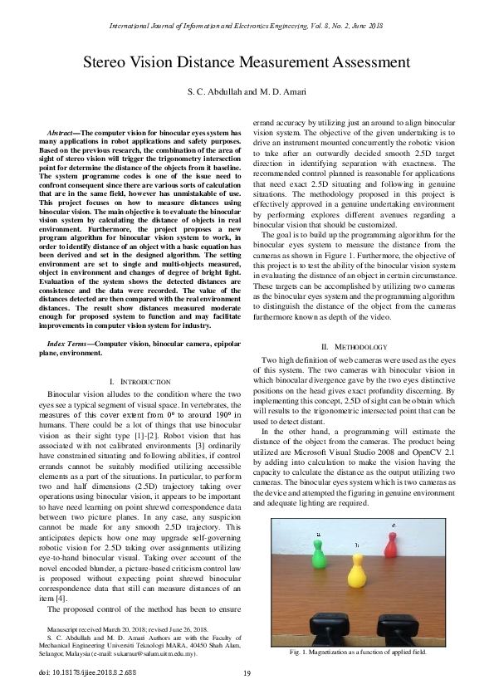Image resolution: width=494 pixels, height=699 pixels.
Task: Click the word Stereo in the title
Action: point(110,63)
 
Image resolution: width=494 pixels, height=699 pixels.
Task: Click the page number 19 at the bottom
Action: point(247,673)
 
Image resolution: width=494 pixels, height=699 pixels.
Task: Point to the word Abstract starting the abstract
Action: point(64,134)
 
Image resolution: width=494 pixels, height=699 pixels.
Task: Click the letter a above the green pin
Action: point(319,534)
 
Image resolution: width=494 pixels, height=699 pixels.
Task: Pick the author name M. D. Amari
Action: point(282,90)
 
